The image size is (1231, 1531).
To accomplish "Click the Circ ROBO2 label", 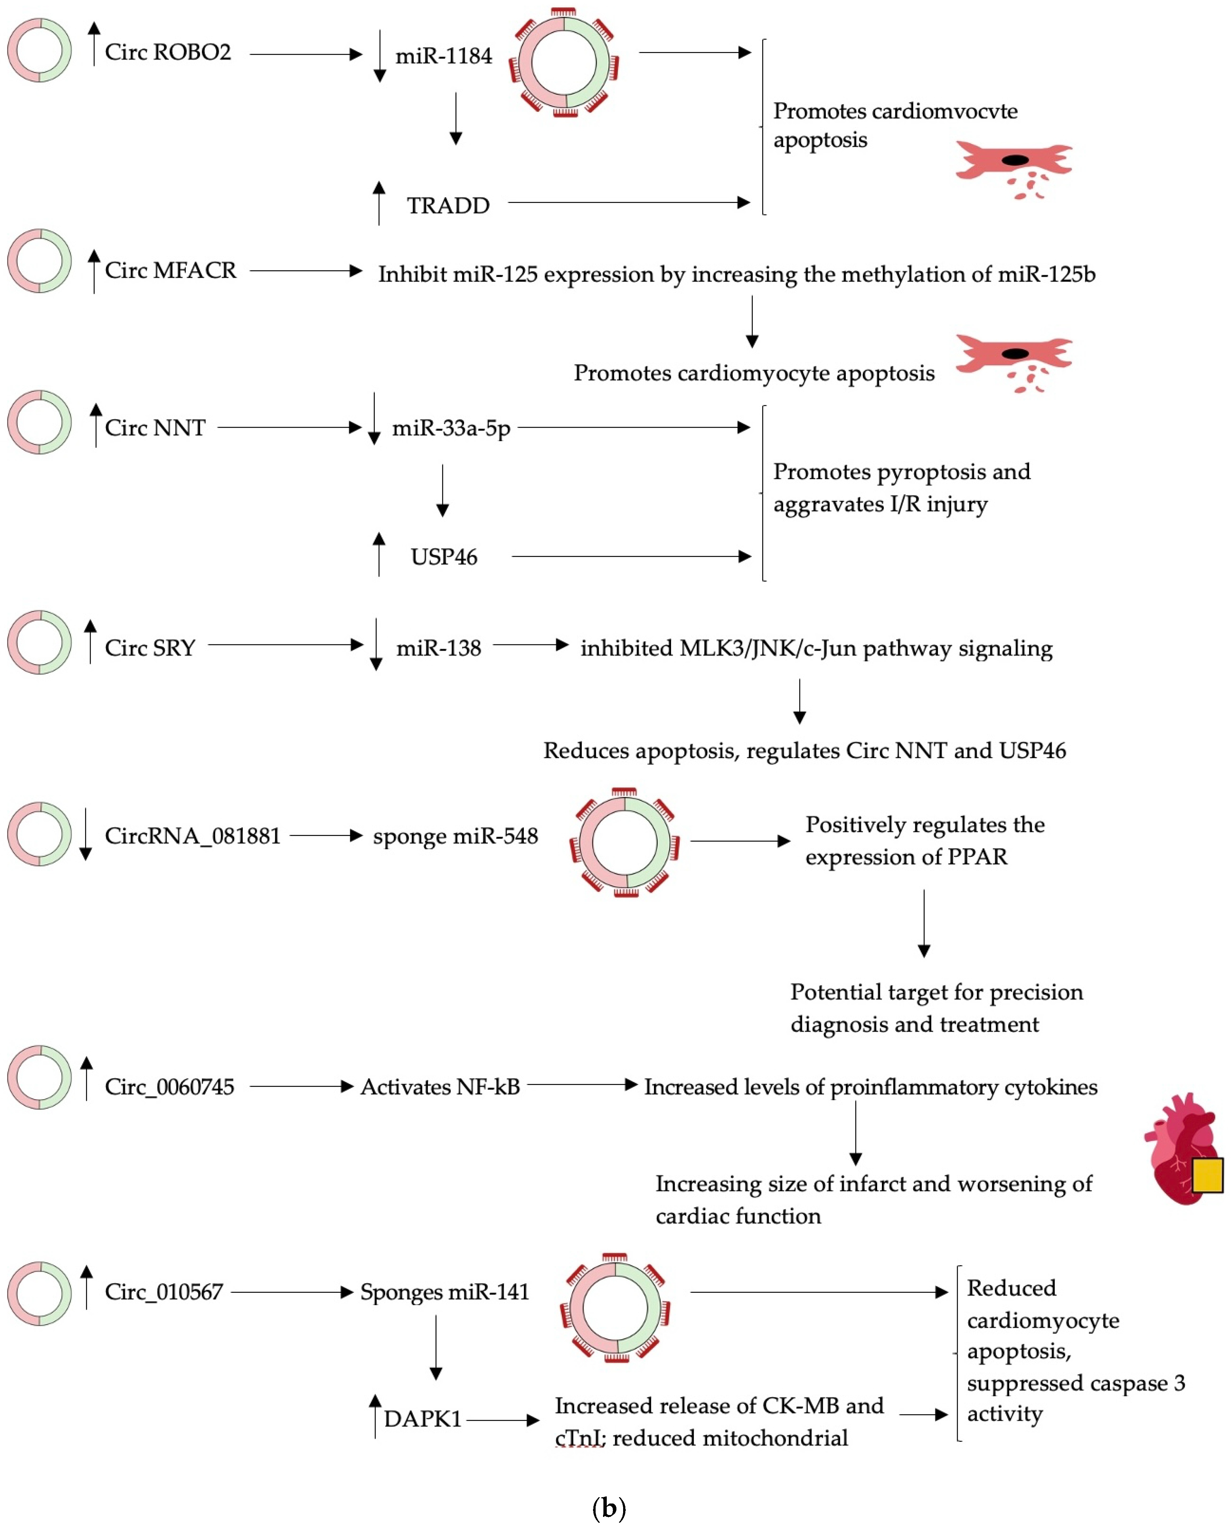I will click(x=168, y=52).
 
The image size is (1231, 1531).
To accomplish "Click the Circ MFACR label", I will click(x=171, y=271).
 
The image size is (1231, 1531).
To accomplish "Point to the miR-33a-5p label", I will click(x=451, y=428).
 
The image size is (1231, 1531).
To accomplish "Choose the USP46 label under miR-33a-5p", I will click(x=444, y=557).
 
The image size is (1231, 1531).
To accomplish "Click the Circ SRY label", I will click(x=150, y=648).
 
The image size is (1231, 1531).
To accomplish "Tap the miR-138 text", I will click(x=438, y=648).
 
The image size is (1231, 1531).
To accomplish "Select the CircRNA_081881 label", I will click(x=193, y=836).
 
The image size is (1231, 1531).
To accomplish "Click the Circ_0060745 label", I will click(x=169, y=1087).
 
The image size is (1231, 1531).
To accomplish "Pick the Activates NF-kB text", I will click(x=440, y=1087).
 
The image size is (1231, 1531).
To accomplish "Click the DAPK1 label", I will click(x=423, y=1419).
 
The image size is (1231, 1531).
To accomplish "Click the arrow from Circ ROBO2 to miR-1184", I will click(x=306, y=54).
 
